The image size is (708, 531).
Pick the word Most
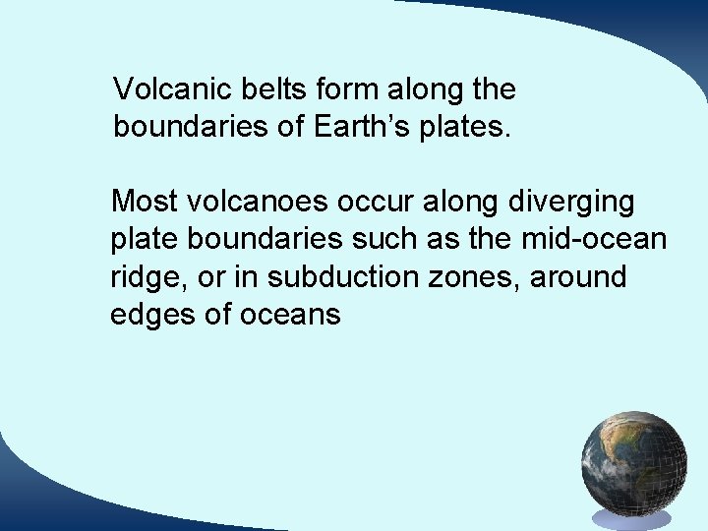tap(144, 202)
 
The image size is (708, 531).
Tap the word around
tap(579, 277)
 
